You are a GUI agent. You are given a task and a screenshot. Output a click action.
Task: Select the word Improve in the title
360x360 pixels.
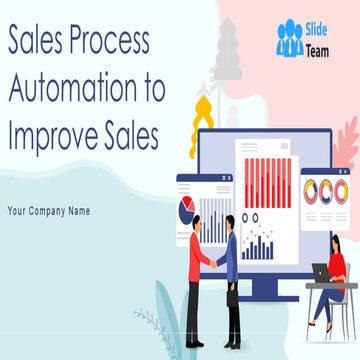pyautogui.click(x=56, y=136)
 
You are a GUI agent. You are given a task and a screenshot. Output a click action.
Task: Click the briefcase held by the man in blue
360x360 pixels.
pyautogui.click(x=232, y=297)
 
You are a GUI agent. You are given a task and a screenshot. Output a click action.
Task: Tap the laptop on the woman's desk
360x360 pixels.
pyautogui.click(x=322, y=270)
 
